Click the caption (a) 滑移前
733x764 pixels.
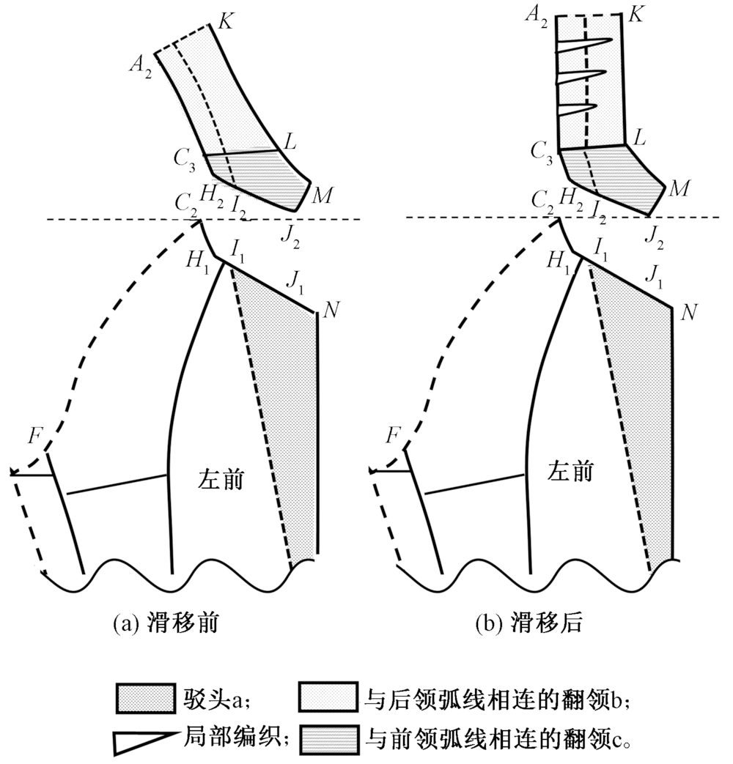168,624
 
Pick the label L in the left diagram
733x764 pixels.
290,142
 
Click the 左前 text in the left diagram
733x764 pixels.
221,479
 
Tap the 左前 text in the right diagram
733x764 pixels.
571,472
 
